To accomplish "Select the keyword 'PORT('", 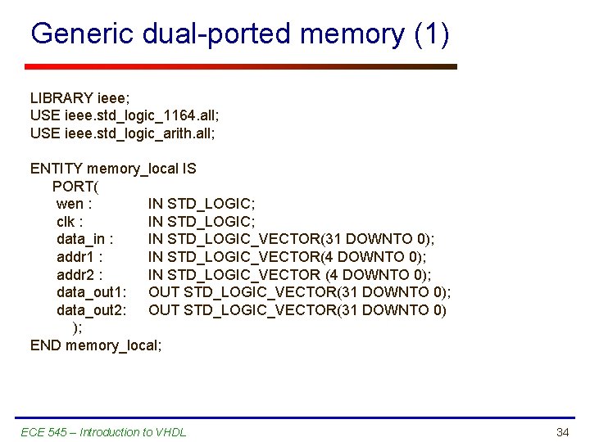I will [75, 186].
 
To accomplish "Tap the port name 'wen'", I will [70, 204].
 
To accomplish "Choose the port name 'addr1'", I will [75, 256].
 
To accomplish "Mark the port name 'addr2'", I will [75, 274].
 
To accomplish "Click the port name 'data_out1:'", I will [91, 292].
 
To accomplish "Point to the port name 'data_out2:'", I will [91, 309].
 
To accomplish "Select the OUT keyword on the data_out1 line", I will [164, 292].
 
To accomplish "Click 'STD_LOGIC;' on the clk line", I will [211, 221].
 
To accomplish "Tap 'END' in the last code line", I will [46, 345].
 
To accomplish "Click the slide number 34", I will [562, 431].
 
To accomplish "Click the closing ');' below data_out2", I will [77, 327].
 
